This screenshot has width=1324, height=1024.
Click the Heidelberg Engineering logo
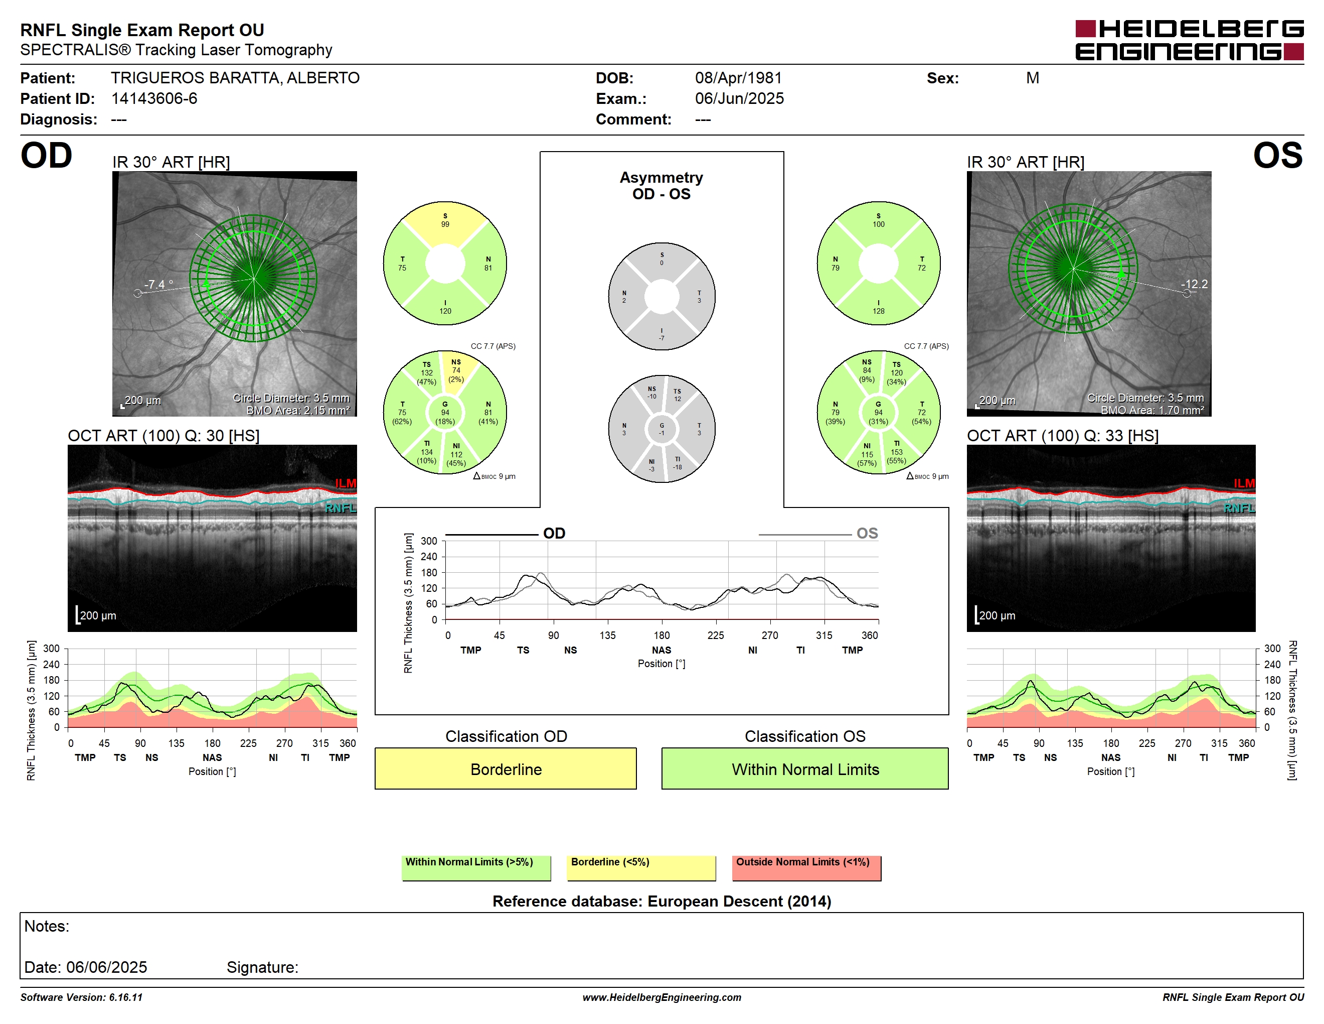[x=1190, y=40]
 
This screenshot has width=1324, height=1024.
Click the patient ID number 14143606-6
[x=154, y=98]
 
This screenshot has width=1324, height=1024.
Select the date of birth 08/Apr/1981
[x=738, y=78]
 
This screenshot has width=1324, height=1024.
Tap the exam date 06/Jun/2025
[x=739, y=98]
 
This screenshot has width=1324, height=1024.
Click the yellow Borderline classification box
[x=506, y=769]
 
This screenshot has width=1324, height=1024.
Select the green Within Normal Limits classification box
[x=804, y=769]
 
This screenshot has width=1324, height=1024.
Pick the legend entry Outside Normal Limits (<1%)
[x=806, y=867]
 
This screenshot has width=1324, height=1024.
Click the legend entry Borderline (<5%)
[x=641, y=867]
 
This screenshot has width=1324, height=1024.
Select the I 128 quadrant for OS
[x=879, y=306]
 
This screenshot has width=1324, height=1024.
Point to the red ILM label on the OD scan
[x=346, y=483]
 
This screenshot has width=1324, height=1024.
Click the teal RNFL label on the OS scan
[x=1239, y=508]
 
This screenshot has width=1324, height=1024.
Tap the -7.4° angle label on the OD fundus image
[x=158, y=284]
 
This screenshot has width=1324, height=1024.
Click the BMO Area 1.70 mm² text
[x=1152, y=410]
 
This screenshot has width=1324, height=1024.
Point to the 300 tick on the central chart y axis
[x=429, y=541]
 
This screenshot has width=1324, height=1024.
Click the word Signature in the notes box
[x=262, y=967]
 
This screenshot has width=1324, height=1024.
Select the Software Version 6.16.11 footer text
[x=81, y=997]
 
